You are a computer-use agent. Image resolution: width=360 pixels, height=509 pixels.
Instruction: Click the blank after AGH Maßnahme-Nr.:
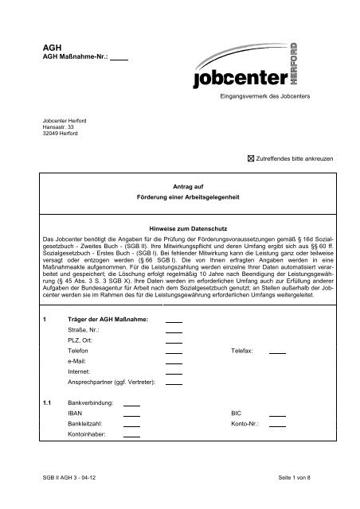point(119,58)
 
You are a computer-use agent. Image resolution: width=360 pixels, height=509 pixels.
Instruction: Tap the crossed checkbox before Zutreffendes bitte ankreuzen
point(252,160)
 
